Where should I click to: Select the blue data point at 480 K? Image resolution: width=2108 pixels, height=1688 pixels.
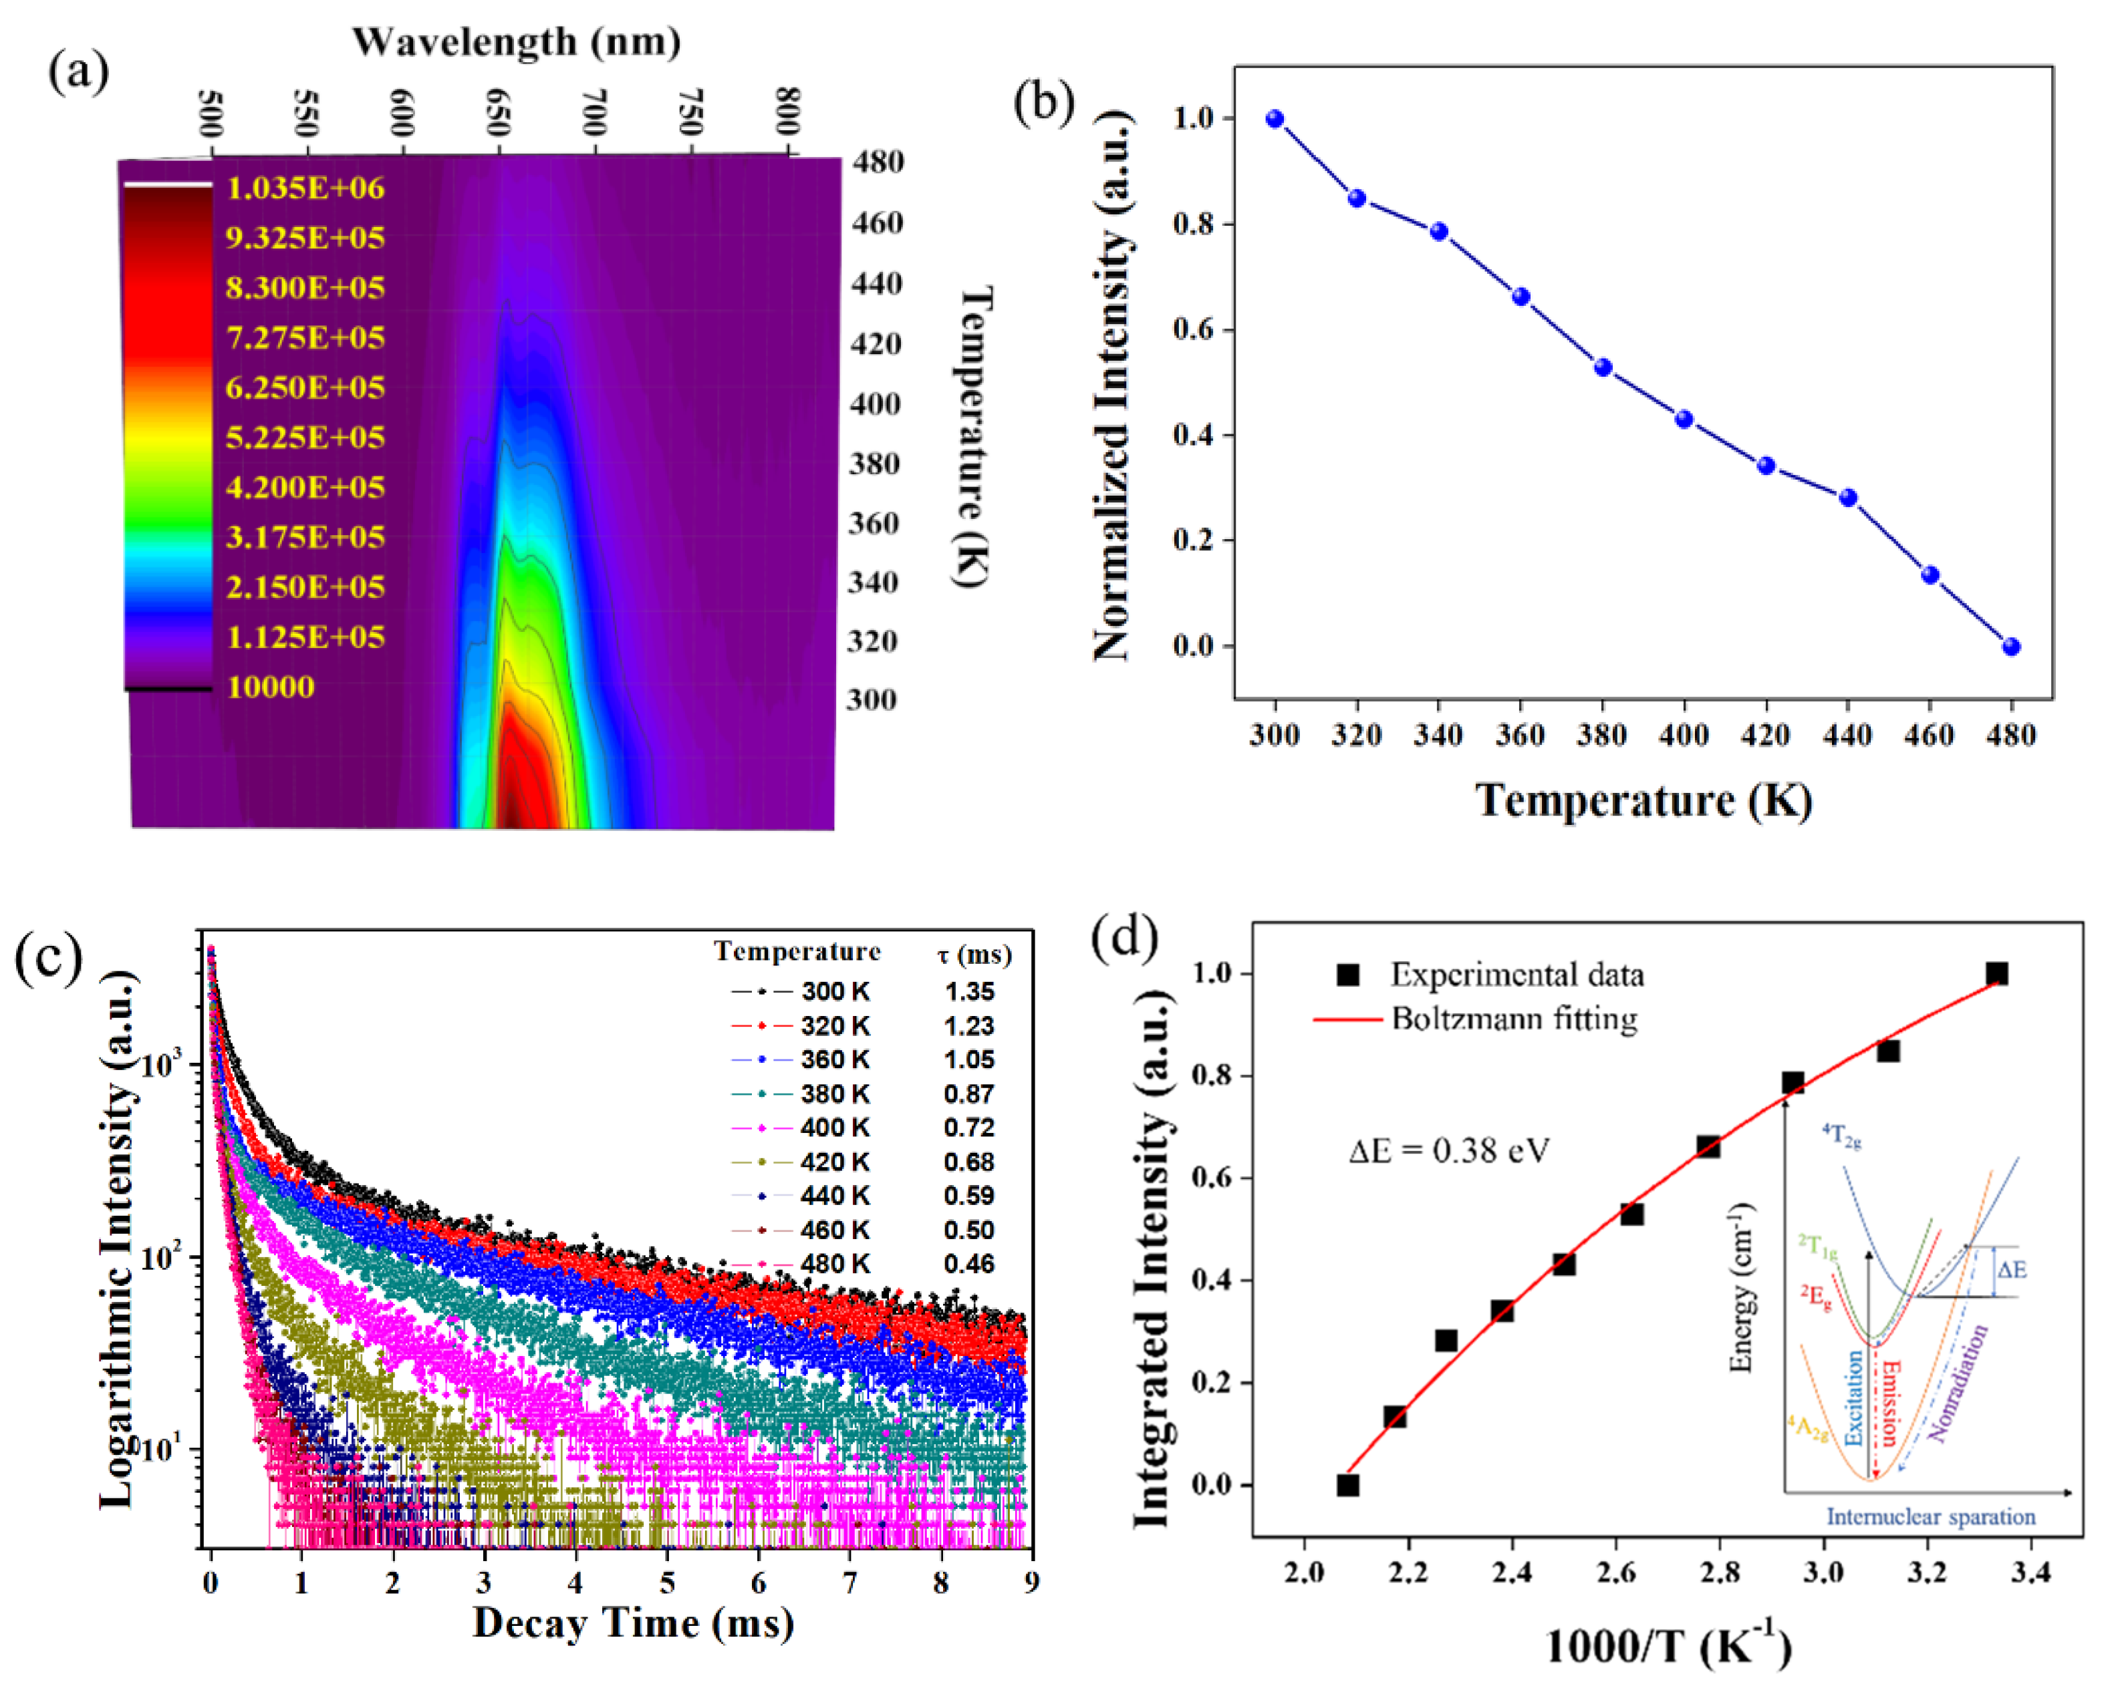coord(2011,646)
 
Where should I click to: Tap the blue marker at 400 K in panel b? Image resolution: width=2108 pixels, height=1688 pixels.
coord(1684,419)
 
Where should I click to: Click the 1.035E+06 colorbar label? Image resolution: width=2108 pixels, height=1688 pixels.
coord(305,188)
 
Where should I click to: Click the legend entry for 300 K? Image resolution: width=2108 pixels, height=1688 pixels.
coord(800,991)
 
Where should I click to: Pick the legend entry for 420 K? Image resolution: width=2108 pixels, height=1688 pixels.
coord(800,1161)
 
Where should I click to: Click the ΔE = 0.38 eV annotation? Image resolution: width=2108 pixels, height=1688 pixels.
coord(1449,1150)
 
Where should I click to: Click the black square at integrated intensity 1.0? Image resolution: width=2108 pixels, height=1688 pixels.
coord(1996,973)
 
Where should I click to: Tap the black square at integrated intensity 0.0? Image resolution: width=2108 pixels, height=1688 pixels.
coord(1347,1485)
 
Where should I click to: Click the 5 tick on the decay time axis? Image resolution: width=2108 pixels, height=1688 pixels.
coord(667,1582)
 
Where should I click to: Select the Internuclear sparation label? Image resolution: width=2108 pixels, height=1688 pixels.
coord(1931,1517)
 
